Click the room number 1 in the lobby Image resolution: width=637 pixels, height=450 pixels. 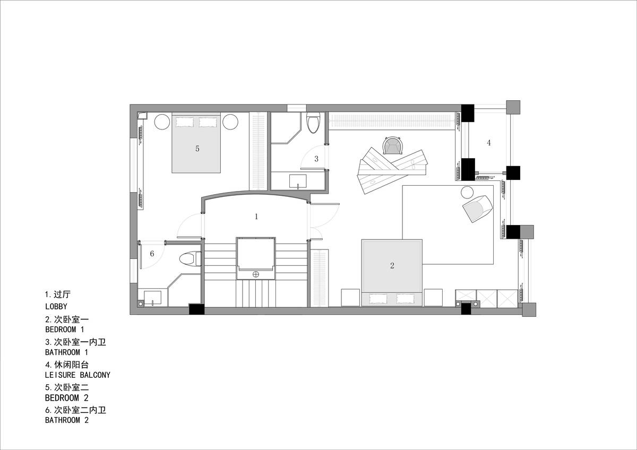256,217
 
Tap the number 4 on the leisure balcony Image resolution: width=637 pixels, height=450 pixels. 489,143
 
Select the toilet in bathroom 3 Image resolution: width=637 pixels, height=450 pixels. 313,123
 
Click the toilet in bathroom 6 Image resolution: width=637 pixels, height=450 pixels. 190,259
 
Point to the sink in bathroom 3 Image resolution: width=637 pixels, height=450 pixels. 298,181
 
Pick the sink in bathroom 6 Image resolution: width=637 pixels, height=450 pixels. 153,298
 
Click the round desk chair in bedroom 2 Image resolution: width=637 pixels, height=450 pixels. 392,145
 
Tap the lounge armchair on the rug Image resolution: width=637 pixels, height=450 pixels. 478,208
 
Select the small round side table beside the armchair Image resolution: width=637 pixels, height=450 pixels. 467,193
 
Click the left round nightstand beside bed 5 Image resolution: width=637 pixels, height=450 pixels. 162,122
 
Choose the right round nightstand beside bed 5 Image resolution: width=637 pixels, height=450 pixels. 230,122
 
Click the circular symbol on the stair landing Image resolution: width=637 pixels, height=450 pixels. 256,274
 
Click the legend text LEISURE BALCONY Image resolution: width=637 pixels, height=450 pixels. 78,375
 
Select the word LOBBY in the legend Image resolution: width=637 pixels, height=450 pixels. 56,306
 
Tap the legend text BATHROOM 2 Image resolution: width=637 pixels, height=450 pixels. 67,420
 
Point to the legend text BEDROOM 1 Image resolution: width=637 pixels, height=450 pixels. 65,330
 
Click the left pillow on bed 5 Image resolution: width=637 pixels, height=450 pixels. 185,122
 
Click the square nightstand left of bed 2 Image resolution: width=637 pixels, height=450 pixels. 350,298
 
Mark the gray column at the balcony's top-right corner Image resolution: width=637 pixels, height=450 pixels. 513,107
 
